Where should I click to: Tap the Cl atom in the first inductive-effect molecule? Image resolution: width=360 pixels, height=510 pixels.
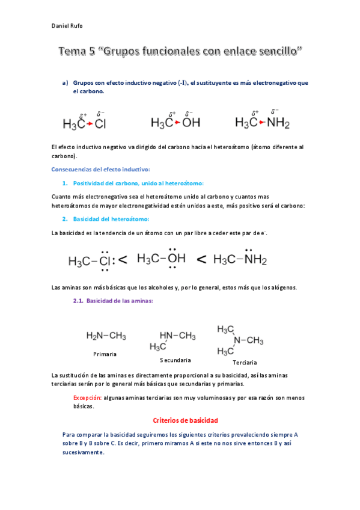[100, 124]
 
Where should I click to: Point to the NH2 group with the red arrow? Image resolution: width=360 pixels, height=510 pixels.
[278, 123]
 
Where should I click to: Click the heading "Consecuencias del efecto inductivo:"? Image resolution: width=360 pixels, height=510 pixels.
[101, 169]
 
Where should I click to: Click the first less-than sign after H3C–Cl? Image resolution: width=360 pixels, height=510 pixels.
[123, 260]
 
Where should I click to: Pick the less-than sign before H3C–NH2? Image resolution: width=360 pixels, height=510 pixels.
[202, 259]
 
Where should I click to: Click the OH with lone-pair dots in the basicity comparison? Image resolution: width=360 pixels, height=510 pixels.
[176, 259]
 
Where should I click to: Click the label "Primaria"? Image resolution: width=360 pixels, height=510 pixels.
[105, 354]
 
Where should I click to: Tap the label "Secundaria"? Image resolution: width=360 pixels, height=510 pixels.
[175, 360]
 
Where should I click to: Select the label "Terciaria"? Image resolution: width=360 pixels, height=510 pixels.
[245, 363]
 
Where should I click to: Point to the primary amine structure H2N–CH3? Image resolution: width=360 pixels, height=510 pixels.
[106, 336]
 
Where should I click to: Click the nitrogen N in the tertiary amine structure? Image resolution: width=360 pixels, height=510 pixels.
[237, 340]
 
